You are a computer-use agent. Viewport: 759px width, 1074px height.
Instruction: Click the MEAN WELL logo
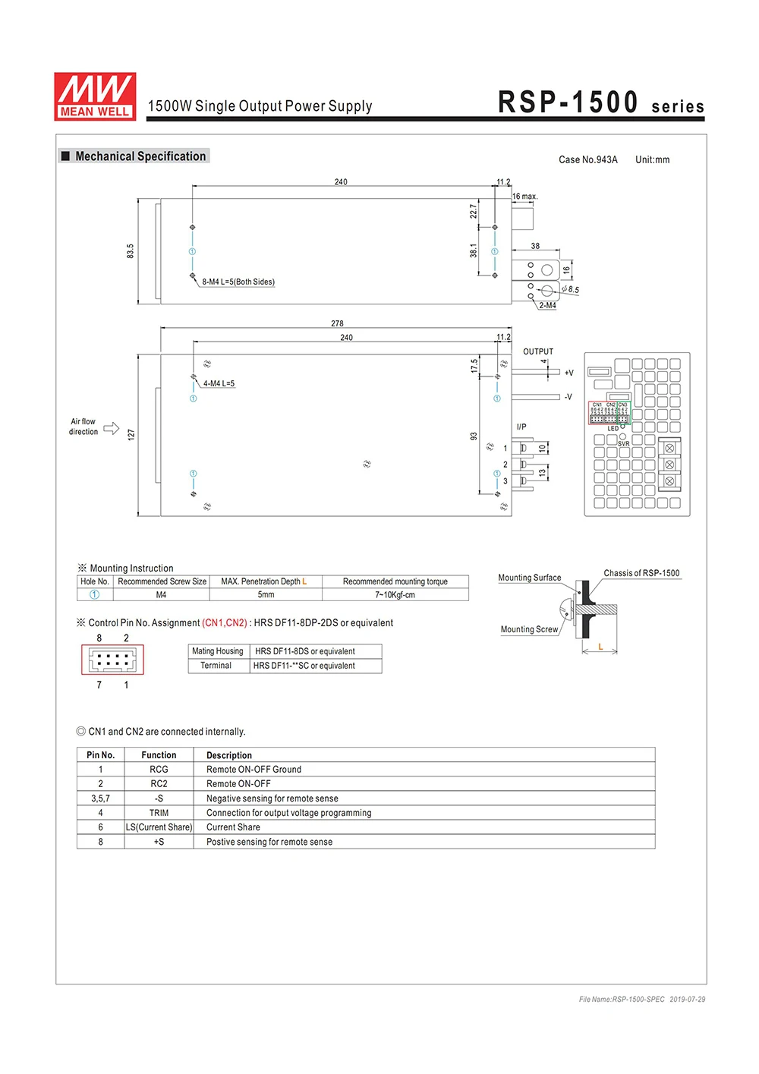click(95, 96)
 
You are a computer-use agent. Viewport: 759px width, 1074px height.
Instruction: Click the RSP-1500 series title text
click(600, 102)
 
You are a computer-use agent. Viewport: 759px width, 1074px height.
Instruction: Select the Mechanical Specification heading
click(140, 156)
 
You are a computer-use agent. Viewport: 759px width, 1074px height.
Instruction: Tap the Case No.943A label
click(587, 160)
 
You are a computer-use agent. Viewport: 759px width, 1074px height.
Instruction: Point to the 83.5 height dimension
click(130, 251)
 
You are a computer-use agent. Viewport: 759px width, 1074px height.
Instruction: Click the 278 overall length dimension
click(337, 323)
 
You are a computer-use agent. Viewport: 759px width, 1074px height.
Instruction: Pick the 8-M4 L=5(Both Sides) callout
click(238, 282)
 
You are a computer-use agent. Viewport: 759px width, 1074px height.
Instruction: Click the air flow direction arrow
click(112, 428)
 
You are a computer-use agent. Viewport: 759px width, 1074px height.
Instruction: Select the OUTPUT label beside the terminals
click(538, 351)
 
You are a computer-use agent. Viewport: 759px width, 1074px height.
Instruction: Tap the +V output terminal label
click(569, 373)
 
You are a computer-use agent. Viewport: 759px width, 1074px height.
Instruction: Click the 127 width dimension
click(131, 435)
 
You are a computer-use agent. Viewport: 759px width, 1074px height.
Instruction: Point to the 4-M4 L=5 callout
click(219, 384)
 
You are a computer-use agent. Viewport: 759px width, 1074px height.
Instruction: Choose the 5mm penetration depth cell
click(266, 595)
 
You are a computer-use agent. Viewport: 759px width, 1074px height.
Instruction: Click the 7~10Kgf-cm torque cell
click(395, 595)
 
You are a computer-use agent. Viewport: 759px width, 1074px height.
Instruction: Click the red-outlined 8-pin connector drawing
click(112, 660)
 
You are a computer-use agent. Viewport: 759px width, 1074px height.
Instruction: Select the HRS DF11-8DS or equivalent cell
click(305, 651)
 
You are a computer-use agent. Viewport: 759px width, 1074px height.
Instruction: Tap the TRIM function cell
click(159, 813)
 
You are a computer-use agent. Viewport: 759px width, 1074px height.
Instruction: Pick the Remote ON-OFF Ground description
click(254, 770)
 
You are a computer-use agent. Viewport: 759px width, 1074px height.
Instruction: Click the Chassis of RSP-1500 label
click(641, 573)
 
